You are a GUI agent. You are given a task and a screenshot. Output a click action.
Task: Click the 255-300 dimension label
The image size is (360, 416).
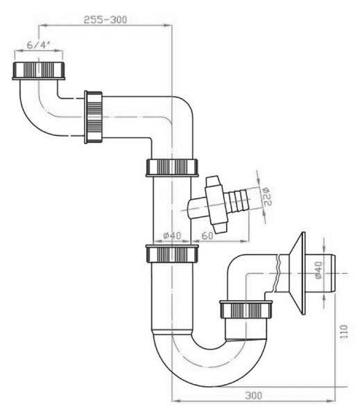pos(105,20)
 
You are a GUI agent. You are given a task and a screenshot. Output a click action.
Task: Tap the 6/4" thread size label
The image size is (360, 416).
pos(39,45)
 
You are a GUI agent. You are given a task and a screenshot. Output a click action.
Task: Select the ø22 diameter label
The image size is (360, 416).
pos(266,196)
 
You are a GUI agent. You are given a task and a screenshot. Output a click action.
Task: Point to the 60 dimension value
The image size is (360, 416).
pos(207,235)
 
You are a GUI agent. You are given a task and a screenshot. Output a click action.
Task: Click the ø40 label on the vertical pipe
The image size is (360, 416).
pos(172,235)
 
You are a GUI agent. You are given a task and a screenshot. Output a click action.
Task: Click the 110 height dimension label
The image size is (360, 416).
pos(343,331)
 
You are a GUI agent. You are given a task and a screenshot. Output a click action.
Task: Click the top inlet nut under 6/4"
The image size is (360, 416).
pos(39,71)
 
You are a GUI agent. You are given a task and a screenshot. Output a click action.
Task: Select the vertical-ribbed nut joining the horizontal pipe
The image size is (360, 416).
pos(93,117)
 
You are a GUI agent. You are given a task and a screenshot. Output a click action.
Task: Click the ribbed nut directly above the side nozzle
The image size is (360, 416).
pos(172,168)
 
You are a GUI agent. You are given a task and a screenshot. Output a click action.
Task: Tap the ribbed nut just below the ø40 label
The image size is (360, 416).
pos(172,254)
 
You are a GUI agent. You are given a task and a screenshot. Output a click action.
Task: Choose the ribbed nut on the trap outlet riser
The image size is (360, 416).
pos(246,309)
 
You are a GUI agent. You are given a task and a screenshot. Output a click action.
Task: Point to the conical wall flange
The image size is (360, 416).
pos(298,273)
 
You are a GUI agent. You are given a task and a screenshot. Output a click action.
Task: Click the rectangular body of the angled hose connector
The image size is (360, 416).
pos(216,205)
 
